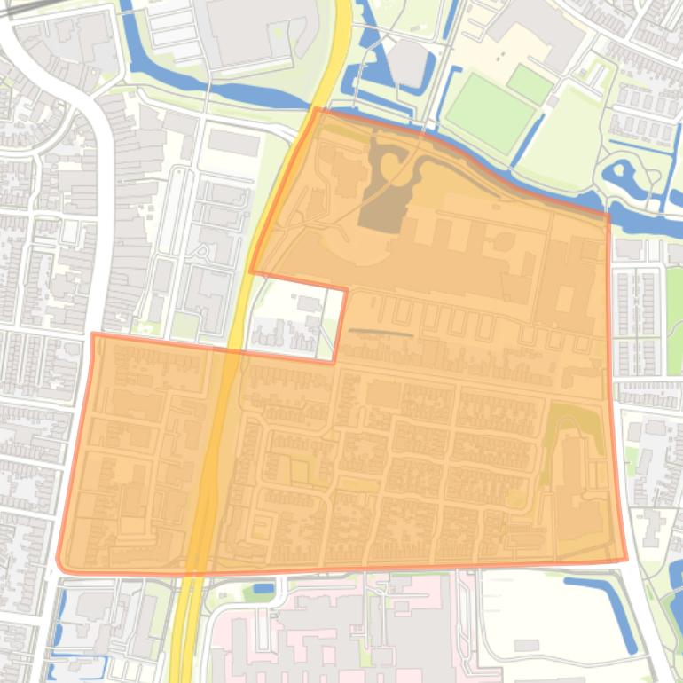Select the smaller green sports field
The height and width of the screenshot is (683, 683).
point(530,84)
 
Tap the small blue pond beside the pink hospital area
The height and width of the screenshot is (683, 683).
point(263,587)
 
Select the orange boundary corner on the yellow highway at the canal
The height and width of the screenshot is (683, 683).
point(316,110)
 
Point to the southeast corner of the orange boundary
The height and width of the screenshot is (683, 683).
point(626,560)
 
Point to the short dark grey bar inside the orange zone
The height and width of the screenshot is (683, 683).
point(381,333)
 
